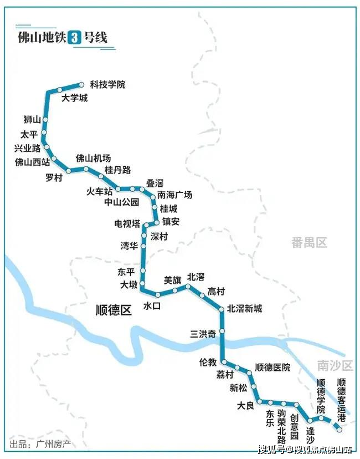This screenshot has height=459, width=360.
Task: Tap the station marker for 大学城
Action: click(x=59, y=90)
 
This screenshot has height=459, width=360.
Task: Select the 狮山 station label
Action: click(x=32, y=119)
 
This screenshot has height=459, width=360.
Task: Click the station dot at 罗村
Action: click(x=68, y=171)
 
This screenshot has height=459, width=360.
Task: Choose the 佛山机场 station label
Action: click(x=93, y=159)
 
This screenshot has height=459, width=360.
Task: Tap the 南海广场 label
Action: click(x=174, y=195)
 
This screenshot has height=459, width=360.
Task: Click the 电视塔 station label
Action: click(x=127, y=223)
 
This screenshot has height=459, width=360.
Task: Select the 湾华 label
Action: click(x=130, y=246)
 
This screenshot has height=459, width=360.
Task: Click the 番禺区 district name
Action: click(x=310, y=242)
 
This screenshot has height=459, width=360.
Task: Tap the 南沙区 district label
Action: click(x=335, y=365)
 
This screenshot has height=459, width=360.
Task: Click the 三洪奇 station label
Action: click(x=203, y=334)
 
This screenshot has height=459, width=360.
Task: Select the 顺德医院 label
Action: click(x=272, y=368)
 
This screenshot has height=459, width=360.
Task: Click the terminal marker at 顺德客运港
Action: click(x=340, y=429)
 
